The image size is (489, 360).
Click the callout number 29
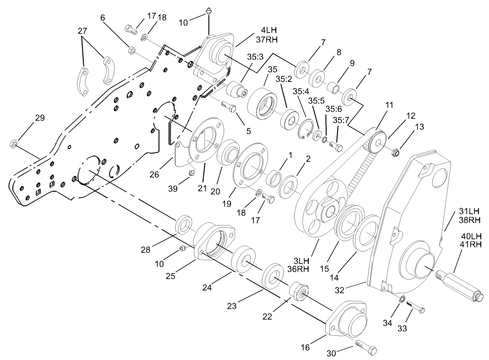coord(40,118)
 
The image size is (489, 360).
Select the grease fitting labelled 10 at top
coord(209,11)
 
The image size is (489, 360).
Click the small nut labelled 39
coord(193,172)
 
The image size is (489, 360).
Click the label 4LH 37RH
coord(268,35)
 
